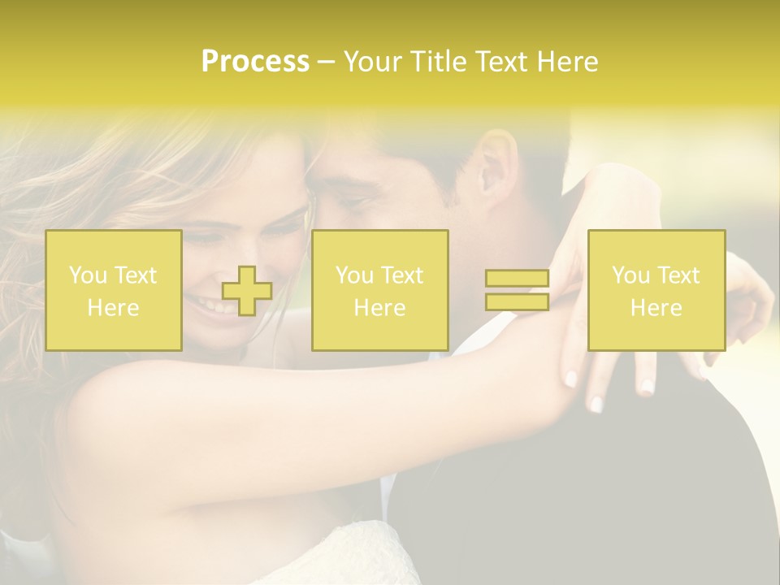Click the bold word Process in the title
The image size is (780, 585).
coord(255,62)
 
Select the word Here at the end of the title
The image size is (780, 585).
coord(567,62)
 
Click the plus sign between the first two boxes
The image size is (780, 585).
coord(247,291)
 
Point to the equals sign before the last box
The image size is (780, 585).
coord(517,290)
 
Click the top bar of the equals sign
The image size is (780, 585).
coord(517,279)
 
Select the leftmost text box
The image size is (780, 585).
coord(114,290)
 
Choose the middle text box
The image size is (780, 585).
coord(380,290)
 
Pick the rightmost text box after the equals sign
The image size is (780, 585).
coord(656,290)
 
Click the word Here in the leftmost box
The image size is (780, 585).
coord(114,308)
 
